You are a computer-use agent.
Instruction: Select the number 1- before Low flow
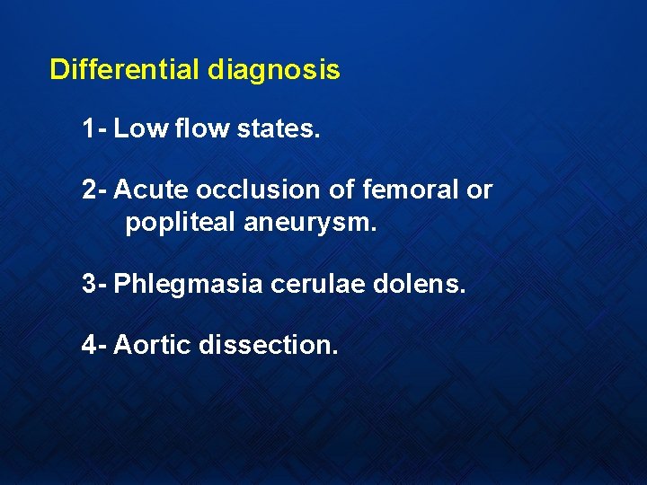coord(94,129)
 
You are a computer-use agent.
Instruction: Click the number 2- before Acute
coord(94,190)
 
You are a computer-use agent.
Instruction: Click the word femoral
coord(402,190)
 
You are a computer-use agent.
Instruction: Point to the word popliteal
coord(181,223)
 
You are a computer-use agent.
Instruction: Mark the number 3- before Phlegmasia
coord(94,284)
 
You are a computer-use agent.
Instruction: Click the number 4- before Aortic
coord(94,344)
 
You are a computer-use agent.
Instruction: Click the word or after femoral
coord(479,190)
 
